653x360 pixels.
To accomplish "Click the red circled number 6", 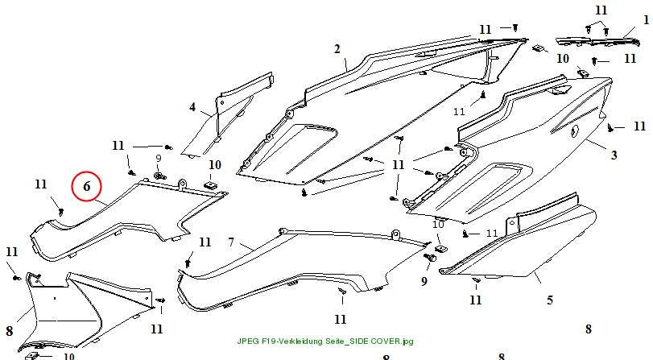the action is coord(87,186).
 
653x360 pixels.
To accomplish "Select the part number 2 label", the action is coord(337,49).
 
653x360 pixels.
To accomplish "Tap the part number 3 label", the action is coord(614,155).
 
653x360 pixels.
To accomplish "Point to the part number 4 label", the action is coord(192,107).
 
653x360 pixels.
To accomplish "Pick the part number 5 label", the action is coord(550,300).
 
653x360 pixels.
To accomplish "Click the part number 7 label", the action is coord(231,242).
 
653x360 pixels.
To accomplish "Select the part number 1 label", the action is coord(646,19).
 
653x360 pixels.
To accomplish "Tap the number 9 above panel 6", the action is coord(159,159).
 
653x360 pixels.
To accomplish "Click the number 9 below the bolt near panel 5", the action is coord(424,281).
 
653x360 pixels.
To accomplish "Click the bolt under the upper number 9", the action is coord(159,176).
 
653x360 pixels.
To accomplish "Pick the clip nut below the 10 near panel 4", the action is coord(211,184).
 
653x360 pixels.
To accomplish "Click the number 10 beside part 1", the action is coord(563,59).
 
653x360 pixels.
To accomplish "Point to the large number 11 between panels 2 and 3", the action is coord(398,164).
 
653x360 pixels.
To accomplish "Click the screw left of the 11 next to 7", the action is coord(188,262).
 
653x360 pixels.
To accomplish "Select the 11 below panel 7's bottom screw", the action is coord(341,319).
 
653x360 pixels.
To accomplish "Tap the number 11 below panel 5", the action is coord(476,300).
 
